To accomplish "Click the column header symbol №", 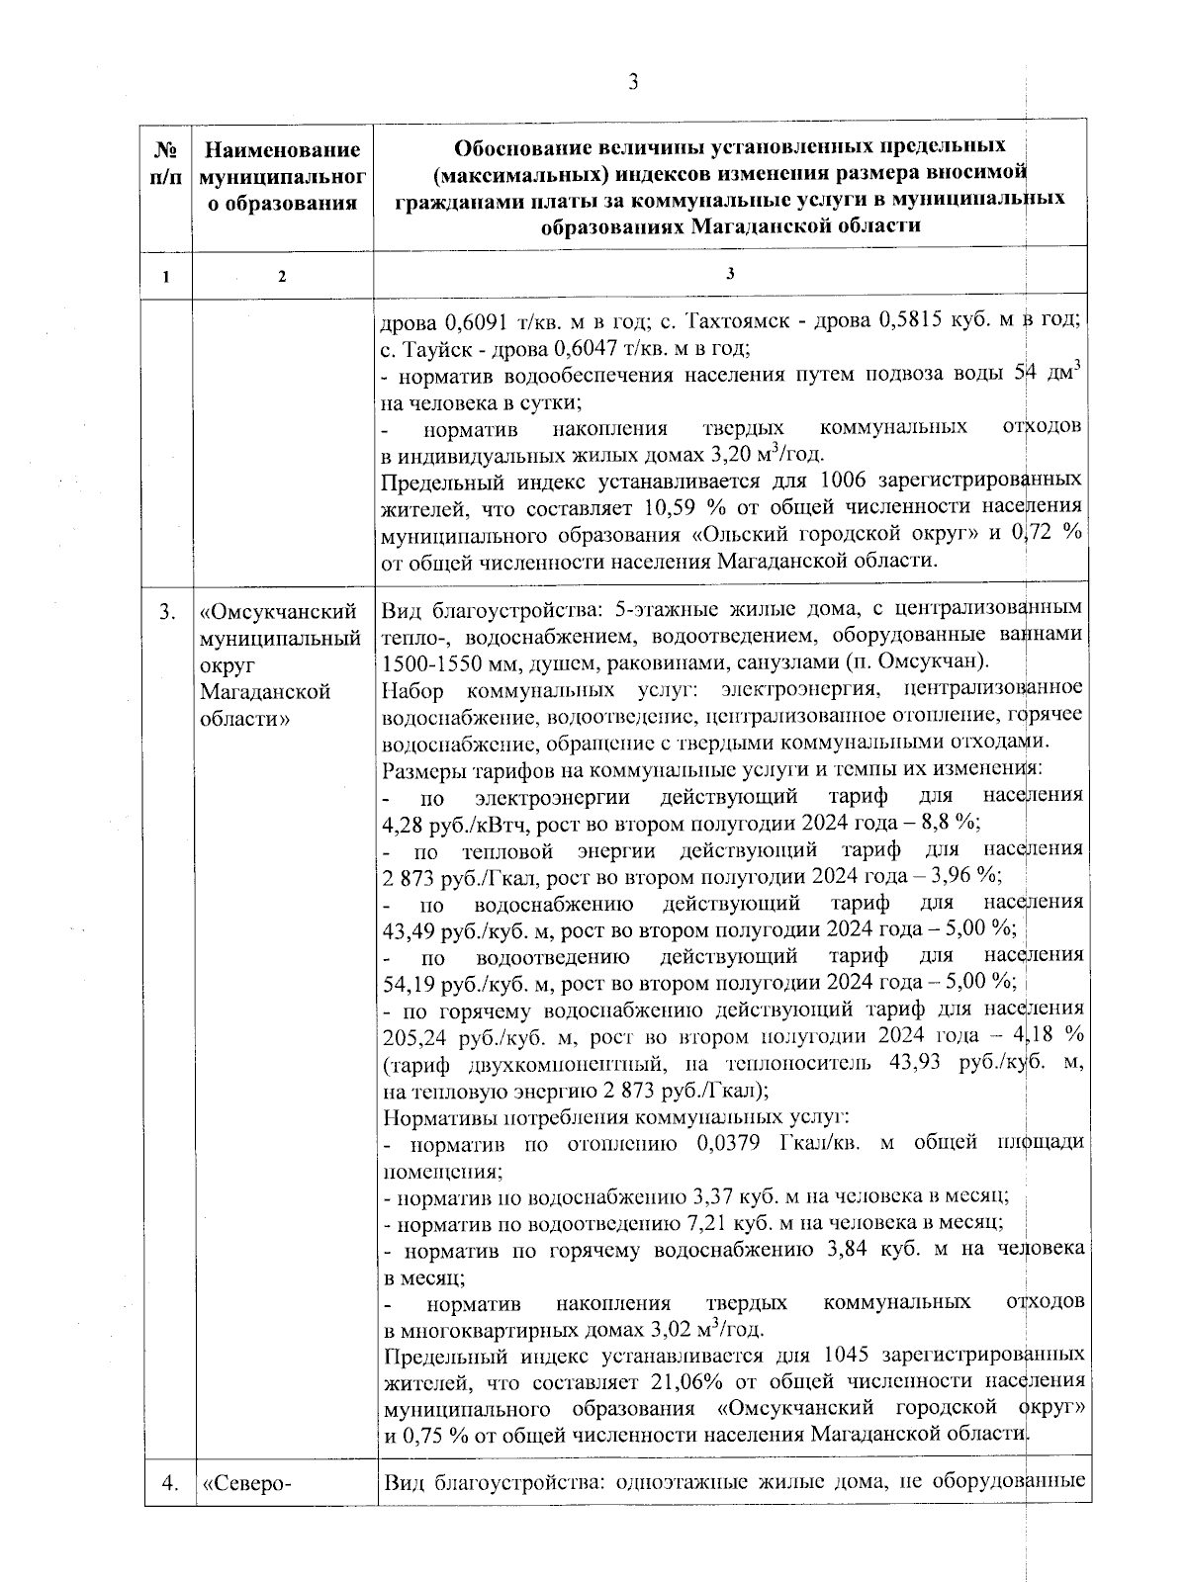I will pyautogui.click(x=167, y=150).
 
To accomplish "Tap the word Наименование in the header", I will pyautogui.click(x=282, y=150).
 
